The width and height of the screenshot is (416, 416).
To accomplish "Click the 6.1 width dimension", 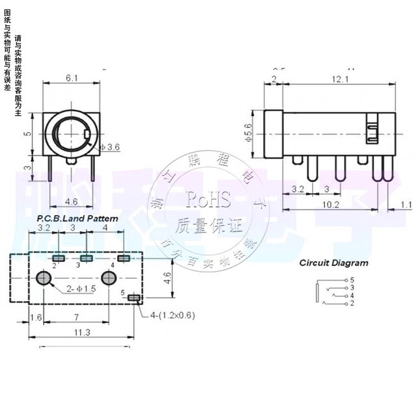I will (x=71, y=78).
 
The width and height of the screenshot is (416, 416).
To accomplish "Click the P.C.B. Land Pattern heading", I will (x=77, y=219).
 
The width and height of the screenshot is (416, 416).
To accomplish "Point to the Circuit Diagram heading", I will (x=333, y=263).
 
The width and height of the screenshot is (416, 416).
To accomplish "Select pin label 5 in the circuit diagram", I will (x=352, y=279).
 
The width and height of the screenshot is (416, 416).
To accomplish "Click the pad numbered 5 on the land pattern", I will (x=135, y=298).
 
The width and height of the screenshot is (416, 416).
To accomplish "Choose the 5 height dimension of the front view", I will (x=27, y=133).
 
